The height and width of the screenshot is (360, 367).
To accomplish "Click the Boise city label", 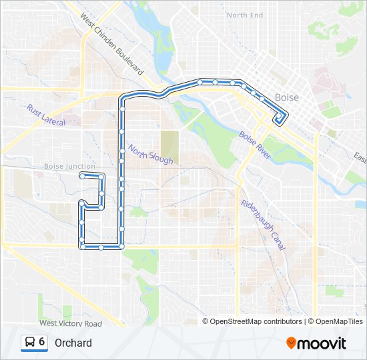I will pos(286,98).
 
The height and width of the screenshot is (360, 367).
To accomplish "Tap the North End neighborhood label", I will pos(245,15).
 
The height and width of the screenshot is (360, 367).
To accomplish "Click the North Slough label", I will pos(151,155).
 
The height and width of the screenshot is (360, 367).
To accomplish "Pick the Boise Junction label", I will pos(69,166).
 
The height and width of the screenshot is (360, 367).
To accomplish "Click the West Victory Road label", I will pos(70,323).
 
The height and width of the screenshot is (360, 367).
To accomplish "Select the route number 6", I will pos(42,342).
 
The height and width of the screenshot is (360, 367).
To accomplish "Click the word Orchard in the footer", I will pos(73,343).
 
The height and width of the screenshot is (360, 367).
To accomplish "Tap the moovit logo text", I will pos(322,343).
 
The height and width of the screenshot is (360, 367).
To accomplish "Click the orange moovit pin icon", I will pos(291,343).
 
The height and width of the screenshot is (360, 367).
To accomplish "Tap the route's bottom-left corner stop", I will pos(81,247).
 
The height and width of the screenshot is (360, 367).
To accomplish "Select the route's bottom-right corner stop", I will pos(122,247).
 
